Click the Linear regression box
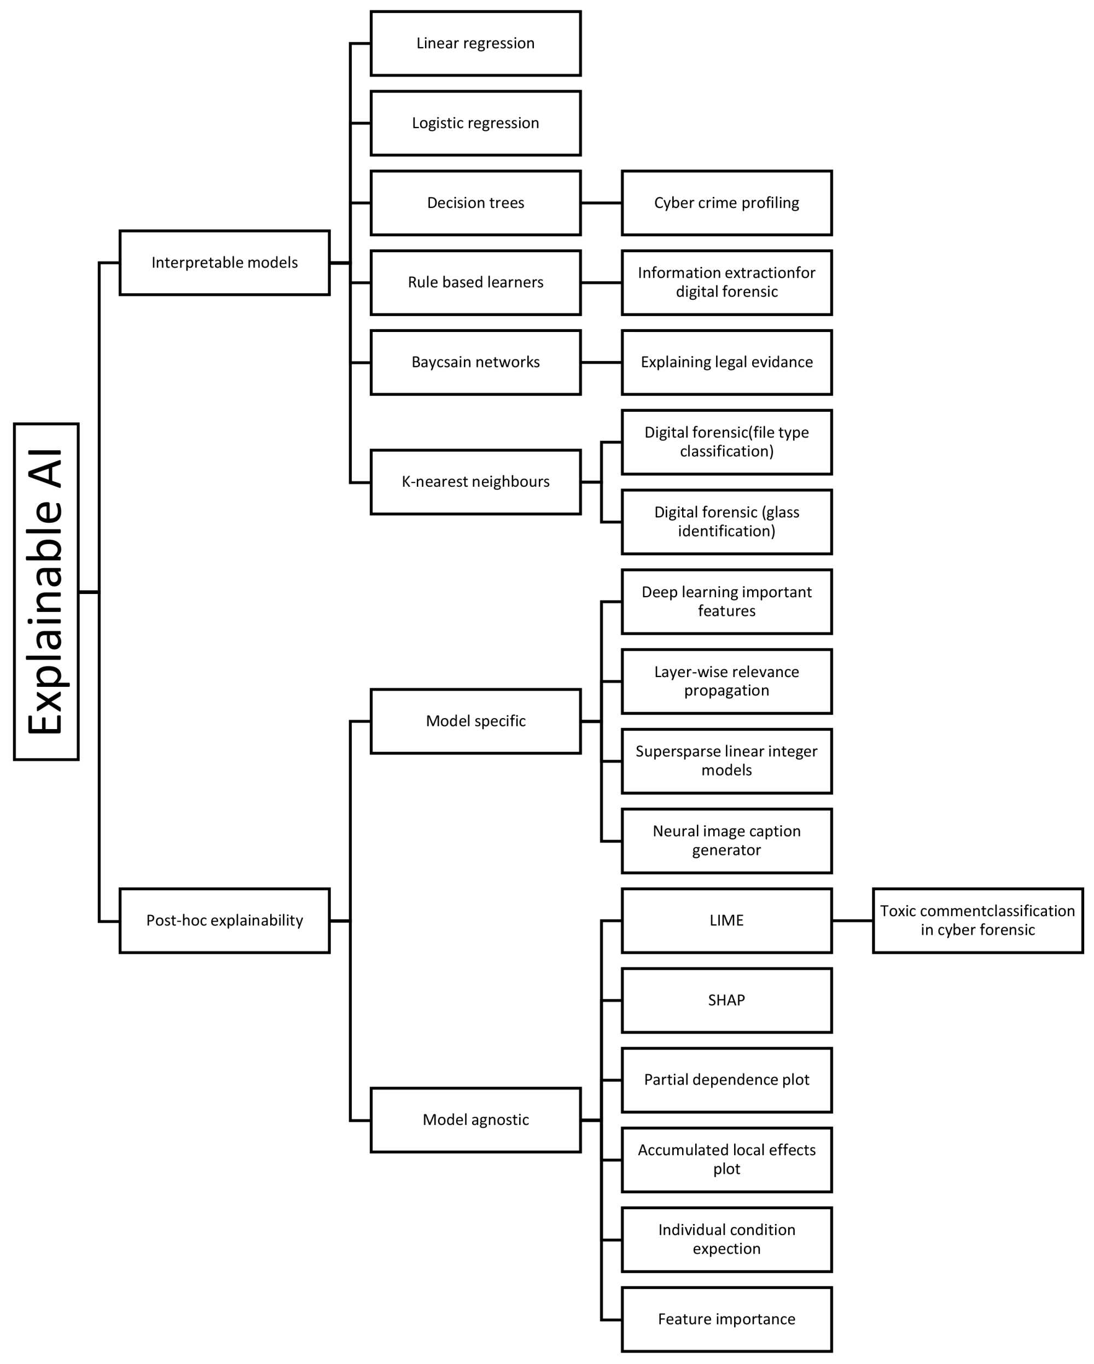[475, 44]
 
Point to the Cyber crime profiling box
[726, 203]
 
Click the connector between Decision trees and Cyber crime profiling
[601, 203]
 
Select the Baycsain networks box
[475, 363]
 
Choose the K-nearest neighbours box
[475, 482]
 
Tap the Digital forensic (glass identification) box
[726, 522]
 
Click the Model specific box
[475, 721]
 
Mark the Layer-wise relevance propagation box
[726, 681]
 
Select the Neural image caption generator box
[726, 841]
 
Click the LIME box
[726, 920]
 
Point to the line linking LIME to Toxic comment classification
[852, 921]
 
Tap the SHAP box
[726, 1000]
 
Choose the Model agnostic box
[475, 1120]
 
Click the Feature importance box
[726, 1319]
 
